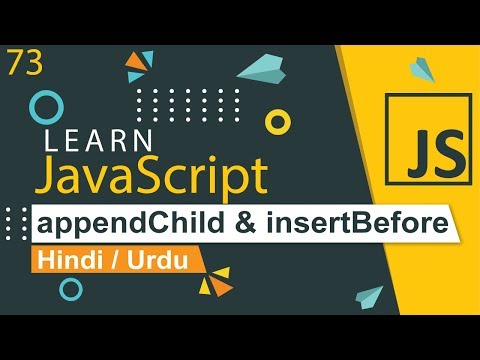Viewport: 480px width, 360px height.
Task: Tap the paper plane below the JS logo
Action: tap(366, 296)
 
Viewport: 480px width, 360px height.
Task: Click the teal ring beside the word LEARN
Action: tap(46, 108)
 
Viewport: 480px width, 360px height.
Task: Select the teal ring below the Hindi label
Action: tap(71, 289)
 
